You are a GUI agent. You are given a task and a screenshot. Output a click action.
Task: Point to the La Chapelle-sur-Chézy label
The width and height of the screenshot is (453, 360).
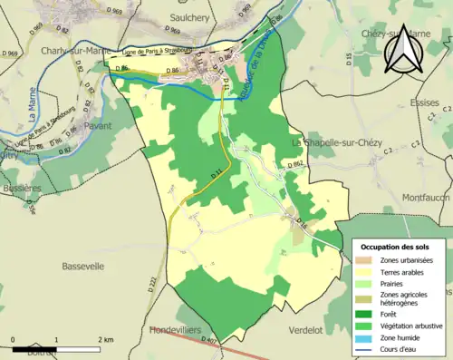click(x=339, y=143)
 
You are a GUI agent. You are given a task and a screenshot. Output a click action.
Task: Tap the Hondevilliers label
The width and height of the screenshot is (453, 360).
click(x=179, y=330)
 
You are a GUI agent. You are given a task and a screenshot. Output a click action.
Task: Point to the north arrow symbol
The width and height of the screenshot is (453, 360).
click(x=402, y=50)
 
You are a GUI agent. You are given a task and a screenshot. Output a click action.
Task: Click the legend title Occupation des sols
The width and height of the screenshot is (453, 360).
click(x=396, y=247)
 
